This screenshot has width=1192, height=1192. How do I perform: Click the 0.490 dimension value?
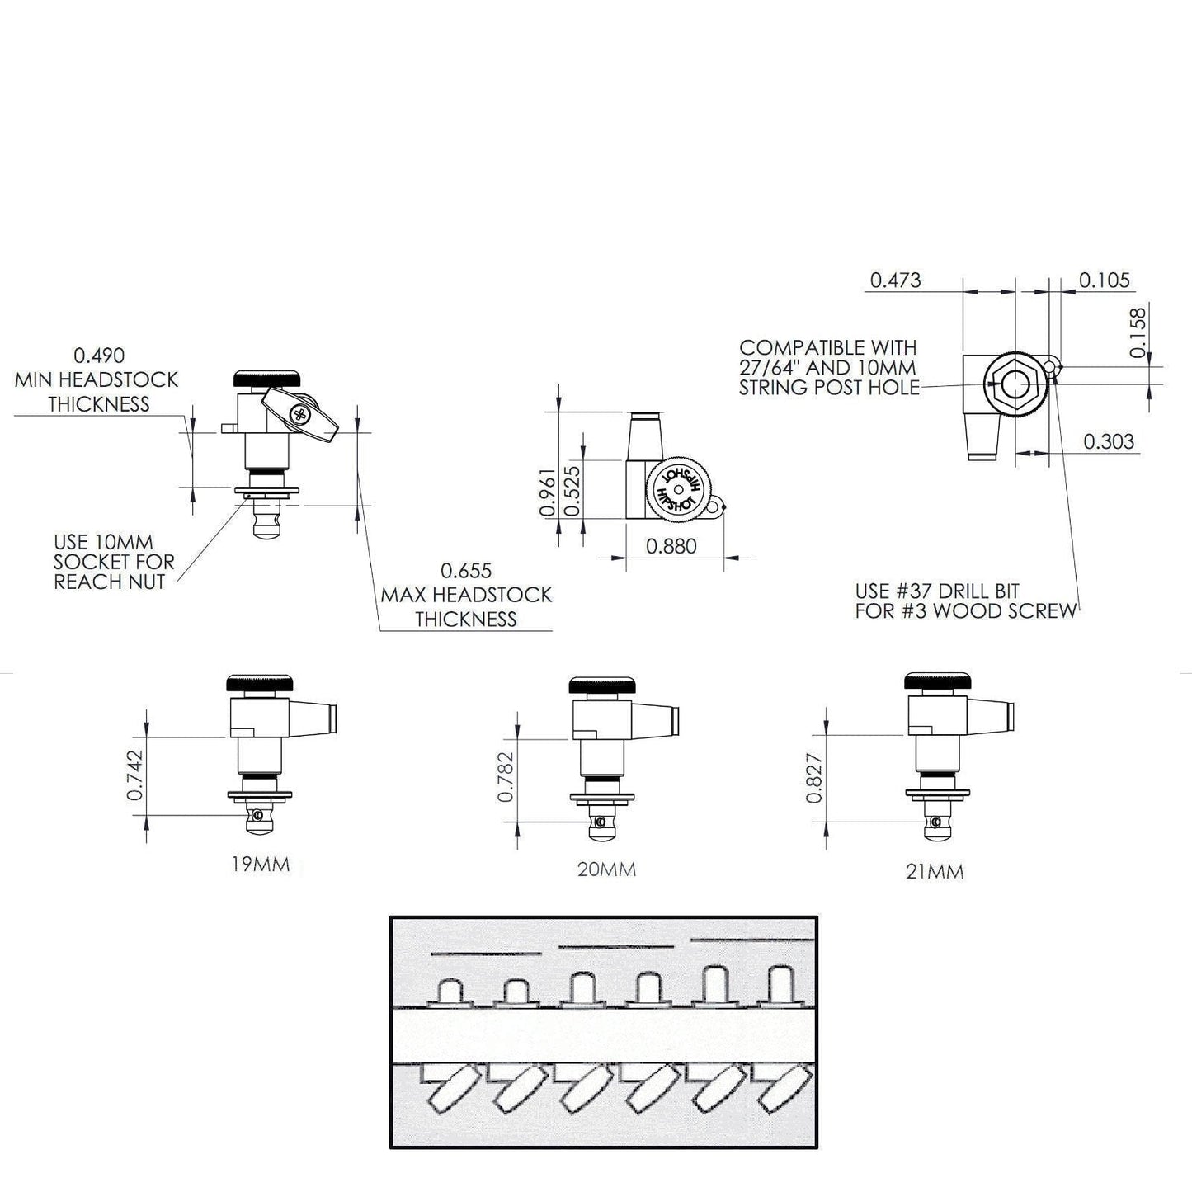point(99,356)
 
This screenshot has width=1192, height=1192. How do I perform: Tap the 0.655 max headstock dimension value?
point(466,570)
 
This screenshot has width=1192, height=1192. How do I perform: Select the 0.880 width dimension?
point(671,546)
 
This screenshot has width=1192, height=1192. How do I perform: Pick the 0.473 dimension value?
point(896,280)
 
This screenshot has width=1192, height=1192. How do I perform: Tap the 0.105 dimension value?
point(1105,280)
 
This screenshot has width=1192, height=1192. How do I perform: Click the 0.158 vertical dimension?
point(1138,332)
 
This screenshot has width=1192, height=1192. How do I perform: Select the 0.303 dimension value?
point(1110,441)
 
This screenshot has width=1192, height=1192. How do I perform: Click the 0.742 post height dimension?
point(135,775)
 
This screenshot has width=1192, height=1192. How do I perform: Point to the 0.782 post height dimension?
point(506,777)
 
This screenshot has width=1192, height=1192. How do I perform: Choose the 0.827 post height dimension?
point(814,778)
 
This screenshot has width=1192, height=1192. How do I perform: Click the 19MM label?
point(261,865)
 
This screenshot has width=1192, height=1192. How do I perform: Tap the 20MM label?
point(607,869)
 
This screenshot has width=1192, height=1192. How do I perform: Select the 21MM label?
point(935,872)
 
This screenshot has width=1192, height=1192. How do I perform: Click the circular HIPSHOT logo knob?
point(679,489)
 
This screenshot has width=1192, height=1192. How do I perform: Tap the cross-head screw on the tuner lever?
point(300,414)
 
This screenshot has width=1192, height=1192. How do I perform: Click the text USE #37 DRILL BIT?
point(937,591)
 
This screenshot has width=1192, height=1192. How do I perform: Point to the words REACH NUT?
point(110,582)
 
